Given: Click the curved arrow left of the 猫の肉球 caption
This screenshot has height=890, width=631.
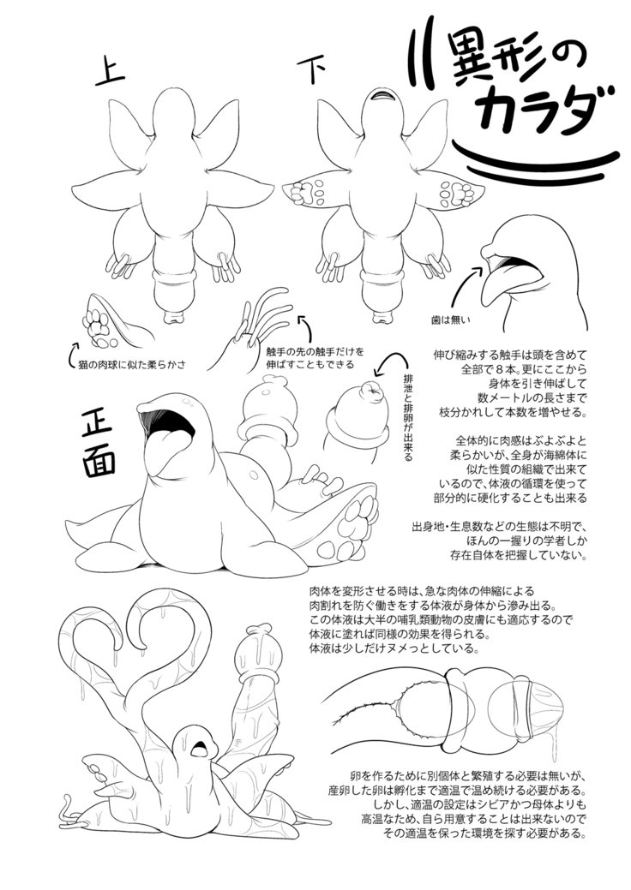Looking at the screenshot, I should tap(71, 352).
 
